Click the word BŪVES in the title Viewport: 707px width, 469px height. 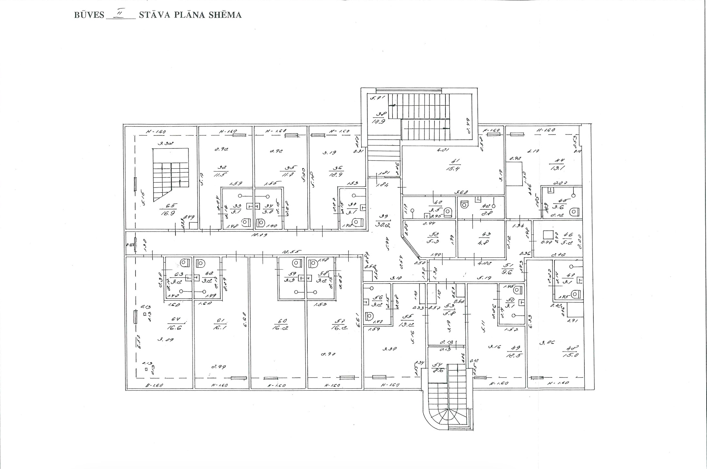click(x=89, y=15)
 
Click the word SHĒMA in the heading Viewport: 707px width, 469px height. click(x=225, y=15)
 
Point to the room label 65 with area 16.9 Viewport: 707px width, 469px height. click(x=168, y=210)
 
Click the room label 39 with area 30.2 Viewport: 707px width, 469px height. click(x=384, y=221)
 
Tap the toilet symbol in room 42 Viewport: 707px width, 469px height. click(x=464, y=204)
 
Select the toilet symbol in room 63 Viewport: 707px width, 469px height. click(x=184, y=263)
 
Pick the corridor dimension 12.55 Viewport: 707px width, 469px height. click(x=291, y=252)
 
